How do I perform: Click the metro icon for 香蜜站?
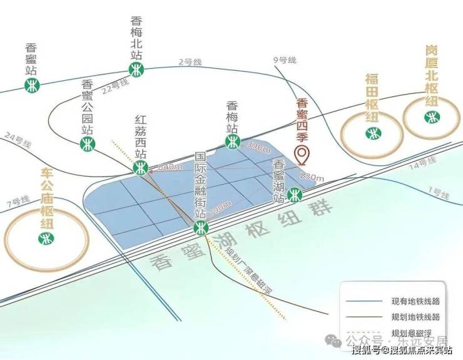tap(33, 85)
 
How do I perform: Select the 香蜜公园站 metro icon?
tap(88, 145)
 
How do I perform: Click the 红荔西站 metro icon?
tap(141, 167)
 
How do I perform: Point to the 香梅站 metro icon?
tap(233, 143)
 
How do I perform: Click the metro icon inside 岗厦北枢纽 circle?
tap(430, 116)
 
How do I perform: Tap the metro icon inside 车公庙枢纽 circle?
tap(45, 238)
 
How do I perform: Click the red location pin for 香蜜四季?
tap(302, 154)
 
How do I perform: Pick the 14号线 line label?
tap(422, 165)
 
